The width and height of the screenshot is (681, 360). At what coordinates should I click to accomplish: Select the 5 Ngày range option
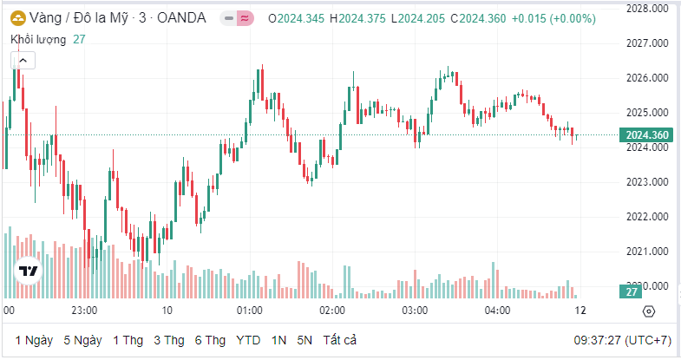tap(82, 340)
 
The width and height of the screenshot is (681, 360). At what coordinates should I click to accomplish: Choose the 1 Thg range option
tap(128, 340)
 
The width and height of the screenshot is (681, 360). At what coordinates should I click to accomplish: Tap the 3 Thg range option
tap(169, 340)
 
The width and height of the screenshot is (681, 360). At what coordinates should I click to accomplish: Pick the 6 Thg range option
tap(211, 340)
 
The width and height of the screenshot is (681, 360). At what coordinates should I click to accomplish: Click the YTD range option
tap(248, 340)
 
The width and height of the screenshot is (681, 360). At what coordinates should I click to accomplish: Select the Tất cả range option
tap(340, 340)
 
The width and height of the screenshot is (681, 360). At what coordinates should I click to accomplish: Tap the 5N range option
tap(304, 340)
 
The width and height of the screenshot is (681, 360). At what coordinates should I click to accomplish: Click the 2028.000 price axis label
tap(646, 8)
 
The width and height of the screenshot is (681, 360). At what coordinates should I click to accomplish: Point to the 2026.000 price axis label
tap(646, 78)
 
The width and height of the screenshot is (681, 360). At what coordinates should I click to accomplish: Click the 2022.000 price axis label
tap(646, 217)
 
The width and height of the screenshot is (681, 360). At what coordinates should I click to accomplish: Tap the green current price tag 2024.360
tap(646, 134)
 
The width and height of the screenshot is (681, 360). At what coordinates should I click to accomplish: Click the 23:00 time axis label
tap(84, 310)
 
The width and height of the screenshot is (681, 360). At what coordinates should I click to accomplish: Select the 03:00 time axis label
tap(415, 310)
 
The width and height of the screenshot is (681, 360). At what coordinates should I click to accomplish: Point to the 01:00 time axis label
tap(250, 310)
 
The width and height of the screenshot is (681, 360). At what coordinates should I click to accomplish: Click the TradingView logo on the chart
tap(29, 272)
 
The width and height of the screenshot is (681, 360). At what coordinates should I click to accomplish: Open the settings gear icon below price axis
tap(648, 311)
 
